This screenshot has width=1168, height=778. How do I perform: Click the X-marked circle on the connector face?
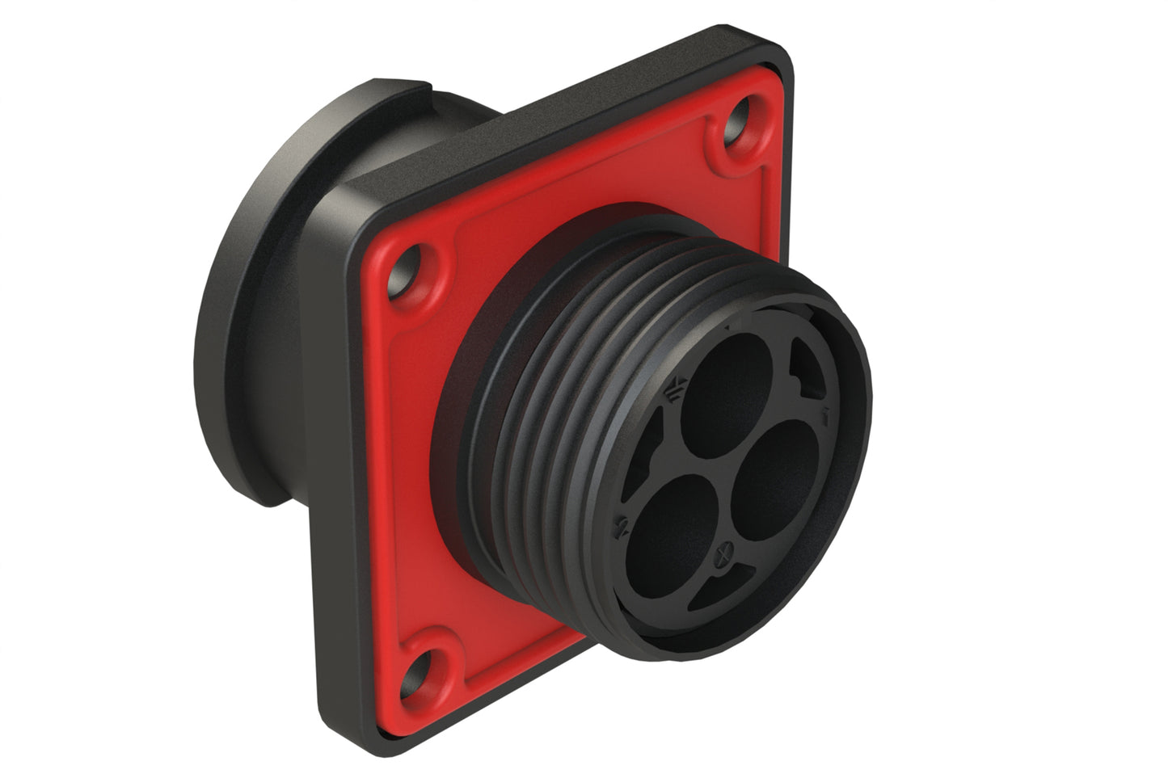(x=724, y=555)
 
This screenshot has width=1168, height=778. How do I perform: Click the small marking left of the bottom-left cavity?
(x=622, y=528)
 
